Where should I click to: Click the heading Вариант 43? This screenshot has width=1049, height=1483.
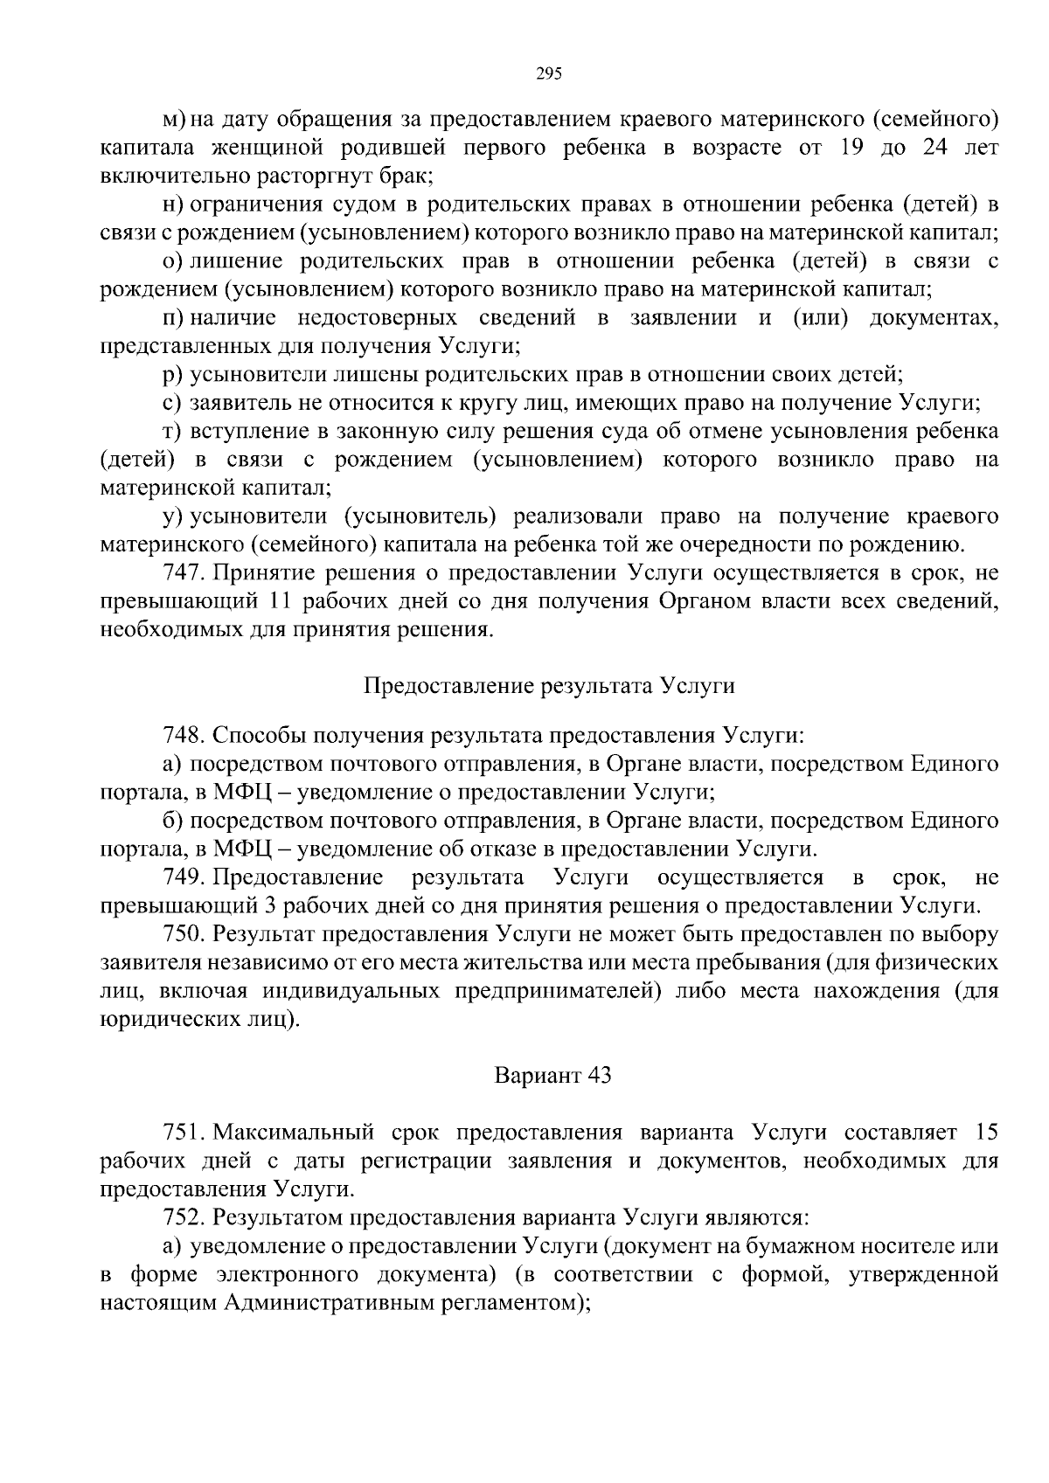click(552, 1075)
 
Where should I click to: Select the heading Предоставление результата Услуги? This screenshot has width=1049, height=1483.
click(548, 686)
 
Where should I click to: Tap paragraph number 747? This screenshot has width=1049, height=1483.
click(183, 573)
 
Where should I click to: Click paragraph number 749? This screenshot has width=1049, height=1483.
click(183, 877)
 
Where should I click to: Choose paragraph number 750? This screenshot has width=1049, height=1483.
click(183, 933)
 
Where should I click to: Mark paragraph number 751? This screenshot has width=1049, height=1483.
click(183, 1133)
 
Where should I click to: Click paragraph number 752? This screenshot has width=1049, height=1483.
click(183, 1216)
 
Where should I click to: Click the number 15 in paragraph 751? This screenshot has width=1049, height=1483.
click(986, 1133)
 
